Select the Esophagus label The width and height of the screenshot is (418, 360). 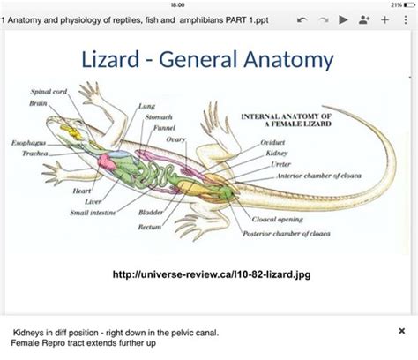(27, 142)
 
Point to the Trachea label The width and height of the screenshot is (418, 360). (35, 153)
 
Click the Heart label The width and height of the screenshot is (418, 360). (82, 191)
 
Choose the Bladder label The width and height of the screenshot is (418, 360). (150, 213)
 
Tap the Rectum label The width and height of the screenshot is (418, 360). (149, 227)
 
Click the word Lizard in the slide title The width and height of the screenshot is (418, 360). (112, 60)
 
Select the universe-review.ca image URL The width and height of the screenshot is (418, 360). (212, 274)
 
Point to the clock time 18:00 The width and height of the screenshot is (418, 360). (208, 5)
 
